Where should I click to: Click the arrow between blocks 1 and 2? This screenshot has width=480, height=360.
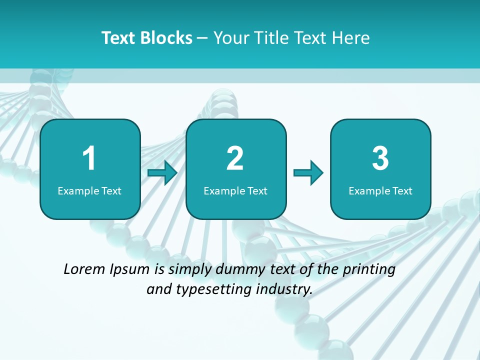pos(163,172)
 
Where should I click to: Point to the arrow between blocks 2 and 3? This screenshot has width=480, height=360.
pos(308,172)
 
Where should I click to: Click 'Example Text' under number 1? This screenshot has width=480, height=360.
pos(89,190)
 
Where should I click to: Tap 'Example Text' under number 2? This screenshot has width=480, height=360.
pos(235,190)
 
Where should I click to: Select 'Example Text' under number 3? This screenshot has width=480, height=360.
pos(380,190)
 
